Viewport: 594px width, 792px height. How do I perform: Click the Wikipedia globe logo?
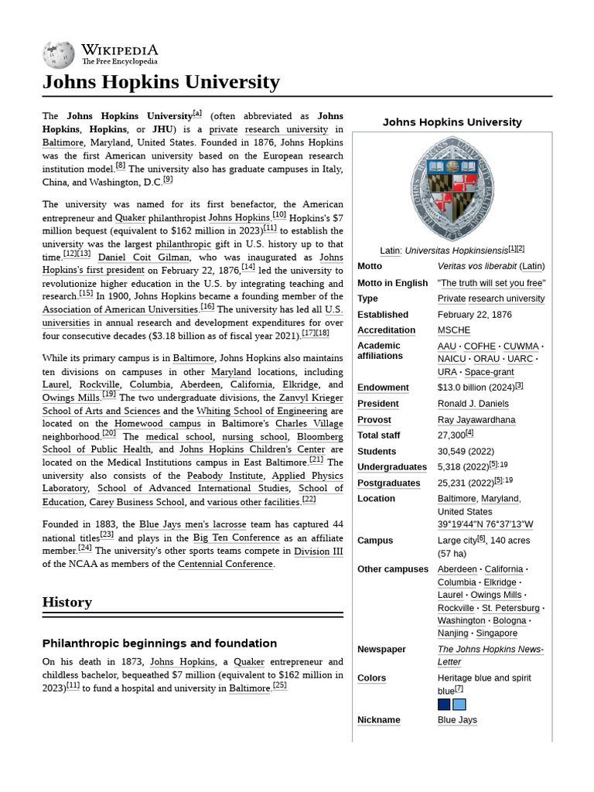click(60, 53)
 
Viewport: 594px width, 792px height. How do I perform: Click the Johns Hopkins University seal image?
click(452, 188)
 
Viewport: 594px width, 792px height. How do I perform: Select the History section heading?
click(67, 602)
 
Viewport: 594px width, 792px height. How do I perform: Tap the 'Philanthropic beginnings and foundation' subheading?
click(159, 643)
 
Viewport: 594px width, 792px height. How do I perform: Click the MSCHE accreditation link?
click(453, 330)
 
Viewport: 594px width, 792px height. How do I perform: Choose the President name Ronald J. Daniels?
click(473, 404)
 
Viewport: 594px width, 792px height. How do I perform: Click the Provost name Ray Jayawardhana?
click(476, 420)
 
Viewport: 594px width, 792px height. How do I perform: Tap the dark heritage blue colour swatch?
click(444, 705)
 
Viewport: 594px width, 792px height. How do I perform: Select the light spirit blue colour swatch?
click(459, 705)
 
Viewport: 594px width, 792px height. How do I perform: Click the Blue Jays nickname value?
click(457, 720)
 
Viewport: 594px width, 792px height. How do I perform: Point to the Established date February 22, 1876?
click(474, 315)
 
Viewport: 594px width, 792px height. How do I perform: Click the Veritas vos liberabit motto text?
click(476, 266)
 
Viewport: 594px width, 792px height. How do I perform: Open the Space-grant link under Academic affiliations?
click(489, 372)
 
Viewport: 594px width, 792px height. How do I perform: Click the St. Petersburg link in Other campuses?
click(510, 608)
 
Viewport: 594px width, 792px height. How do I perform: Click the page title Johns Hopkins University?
click(161, 82)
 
